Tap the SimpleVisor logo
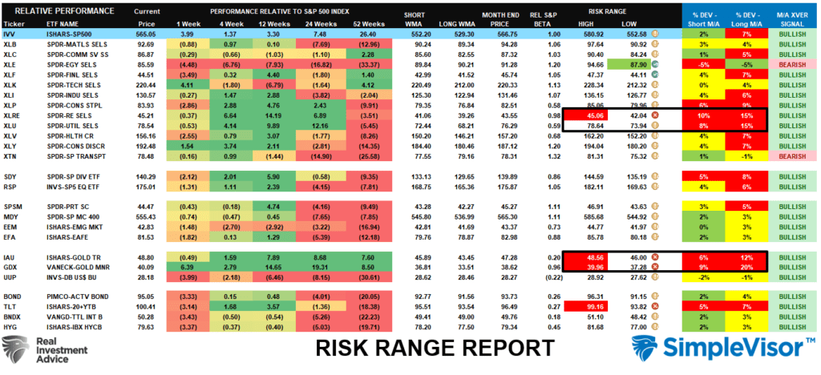(x=726, y=349)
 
